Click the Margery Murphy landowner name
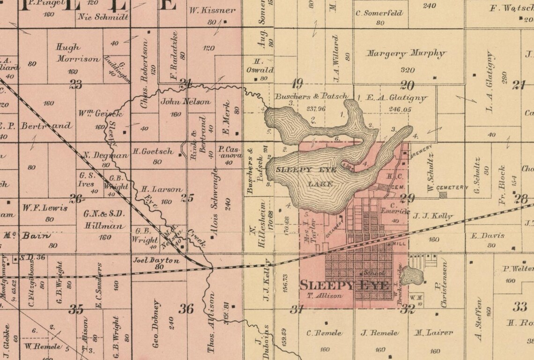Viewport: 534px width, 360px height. (x=406, y=53)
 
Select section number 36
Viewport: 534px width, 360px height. (x=186, y=308)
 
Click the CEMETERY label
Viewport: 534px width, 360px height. (x=452, y=187)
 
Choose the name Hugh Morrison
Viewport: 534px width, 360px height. (x=77, y=53)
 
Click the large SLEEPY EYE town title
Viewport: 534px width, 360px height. (x=344, y=285)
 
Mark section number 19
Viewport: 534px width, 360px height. (x=297, y=84)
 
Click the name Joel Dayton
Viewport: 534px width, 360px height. (x=156, y=260)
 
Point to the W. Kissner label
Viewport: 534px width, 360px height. (x=212, y=10)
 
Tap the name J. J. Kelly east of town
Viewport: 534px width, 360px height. (x=432, y=216)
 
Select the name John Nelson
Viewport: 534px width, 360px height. (x=180, y=101)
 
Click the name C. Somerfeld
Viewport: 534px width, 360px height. (x=379, y=13)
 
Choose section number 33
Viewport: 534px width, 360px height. (x=519, y=307)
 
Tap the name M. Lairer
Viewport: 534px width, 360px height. (x=433, y=333)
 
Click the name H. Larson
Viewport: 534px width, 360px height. (x=161, y=189)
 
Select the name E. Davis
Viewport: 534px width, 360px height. (x=488, y=236)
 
